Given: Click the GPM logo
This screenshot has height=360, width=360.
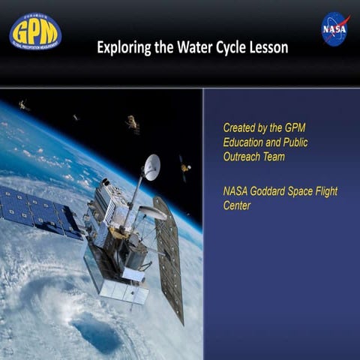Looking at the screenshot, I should [x=34, y=31].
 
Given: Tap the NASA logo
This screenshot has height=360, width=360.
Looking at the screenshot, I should [x=334, y=28].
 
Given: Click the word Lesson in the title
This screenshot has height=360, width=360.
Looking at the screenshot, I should [x=269, y=48].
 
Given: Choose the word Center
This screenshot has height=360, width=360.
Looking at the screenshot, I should [x=237, y=205].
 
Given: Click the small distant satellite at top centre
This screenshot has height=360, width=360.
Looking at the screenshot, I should [x=133, y=124].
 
